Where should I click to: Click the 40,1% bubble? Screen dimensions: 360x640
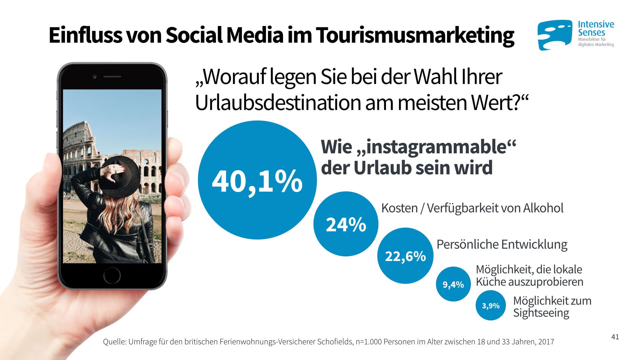click(x=257, y=180)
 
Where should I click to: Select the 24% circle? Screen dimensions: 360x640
click(x=346, y=224)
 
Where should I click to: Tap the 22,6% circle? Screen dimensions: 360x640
click(x=405, y=256)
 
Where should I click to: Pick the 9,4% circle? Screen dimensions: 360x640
click(x=453, y=284)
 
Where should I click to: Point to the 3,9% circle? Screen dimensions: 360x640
click(x=491, y=305)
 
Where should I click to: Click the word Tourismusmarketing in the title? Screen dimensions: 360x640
click(x=415, y=35)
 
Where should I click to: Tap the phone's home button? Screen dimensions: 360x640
click(x=112, y=275)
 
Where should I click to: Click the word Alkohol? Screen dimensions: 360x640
click(x=543, y=208)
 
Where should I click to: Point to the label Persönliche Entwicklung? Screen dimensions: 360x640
click(x=502, y=244)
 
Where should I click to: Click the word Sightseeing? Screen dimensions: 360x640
click(x=541, y=313)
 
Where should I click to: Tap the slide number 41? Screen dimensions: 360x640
click(x=615, y=337)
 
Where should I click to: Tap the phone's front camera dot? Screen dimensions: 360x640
click(x=95, y=77)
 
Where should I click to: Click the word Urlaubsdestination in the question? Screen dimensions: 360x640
click(x=278, y=103)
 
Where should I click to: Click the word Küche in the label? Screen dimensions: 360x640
click(x=490, y=282)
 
